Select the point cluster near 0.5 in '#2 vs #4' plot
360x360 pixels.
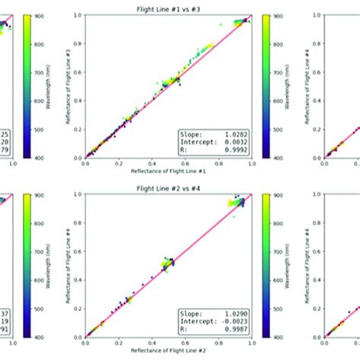pyautogui.click(x=166, y=264)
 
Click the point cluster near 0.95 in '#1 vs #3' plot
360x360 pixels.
pyautogui.click(x=241, y=21)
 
